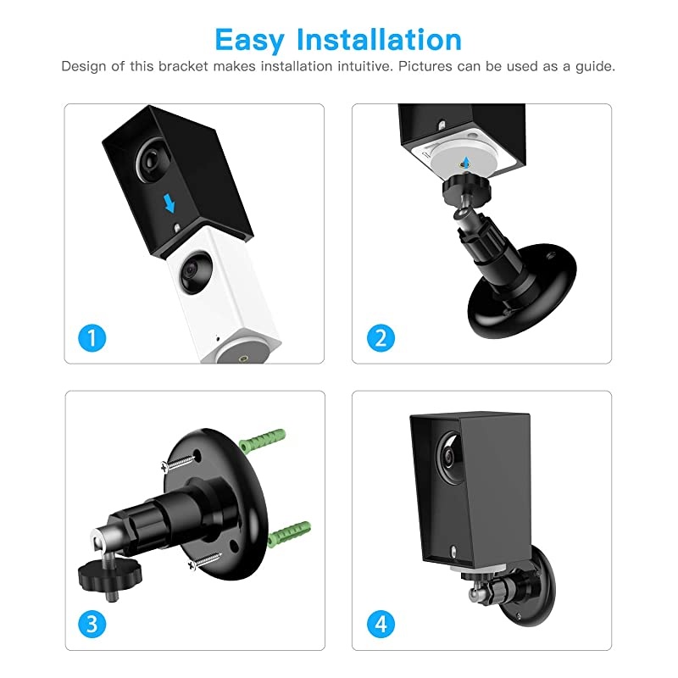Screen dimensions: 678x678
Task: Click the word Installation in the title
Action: point(379,40)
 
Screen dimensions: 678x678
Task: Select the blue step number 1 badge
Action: point(92,339)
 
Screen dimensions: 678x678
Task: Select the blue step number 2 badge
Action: point(380,339)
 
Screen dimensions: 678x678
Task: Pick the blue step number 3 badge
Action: point(92,625)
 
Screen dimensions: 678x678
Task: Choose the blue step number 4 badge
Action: point(380,625)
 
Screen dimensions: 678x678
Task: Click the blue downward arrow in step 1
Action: point(169,203)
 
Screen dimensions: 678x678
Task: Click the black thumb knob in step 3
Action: point(97,577)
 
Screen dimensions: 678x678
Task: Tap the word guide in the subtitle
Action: point(597,66)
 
